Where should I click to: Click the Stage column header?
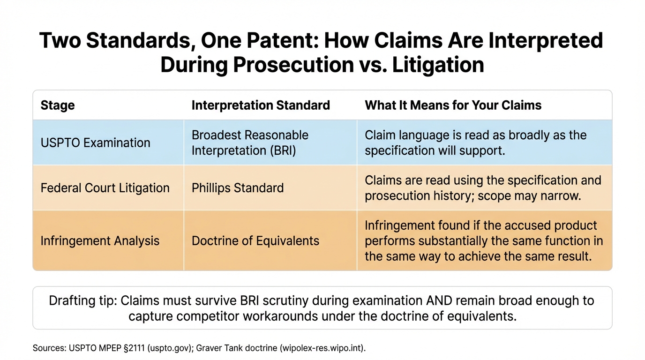click(x=58, y=105)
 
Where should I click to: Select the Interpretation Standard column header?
click(x=261, y=105)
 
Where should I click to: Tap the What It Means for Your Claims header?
click(x=453, y=105)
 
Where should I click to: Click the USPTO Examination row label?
click(x=96, y=142)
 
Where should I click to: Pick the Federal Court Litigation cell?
click(x=105, y=188)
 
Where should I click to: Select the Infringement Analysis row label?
click(x=100, y=241)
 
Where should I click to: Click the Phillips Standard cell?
click(x=238, y=188)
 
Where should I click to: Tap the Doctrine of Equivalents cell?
click(x=255, y=241)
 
